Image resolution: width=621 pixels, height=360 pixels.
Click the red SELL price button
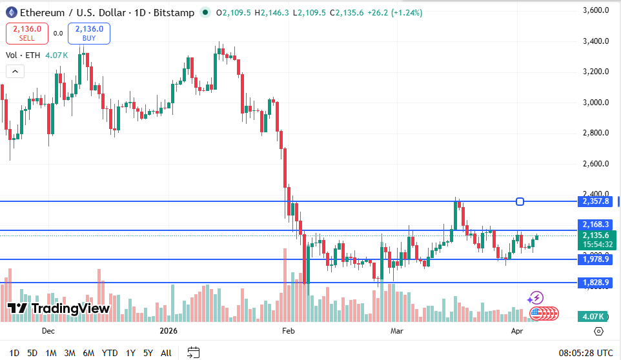[x=26, y=33]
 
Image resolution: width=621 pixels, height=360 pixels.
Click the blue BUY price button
[x=88, y=33]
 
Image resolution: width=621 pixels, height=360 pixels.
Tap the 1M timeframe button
[x=51, y=353]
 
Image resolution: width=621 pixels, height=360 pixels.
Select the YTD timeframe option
[x=110, y=353]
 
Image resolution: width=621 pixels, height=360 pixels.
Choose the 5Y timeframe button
[x=148, y=353]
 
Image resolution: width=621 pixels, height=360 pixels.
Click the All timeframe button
[x=166, y=353]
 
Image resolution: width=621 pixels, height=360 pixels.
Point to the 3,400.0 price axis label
[x=596, y=41]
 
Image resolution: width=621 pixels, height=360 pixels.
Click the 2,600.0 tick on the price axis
[x=596, y=164]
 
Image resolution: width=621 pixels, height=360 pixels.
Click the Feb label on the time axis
[x=288, y=331]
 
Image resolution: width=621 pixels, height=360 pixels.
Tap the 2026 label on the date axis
[x=169, y=331]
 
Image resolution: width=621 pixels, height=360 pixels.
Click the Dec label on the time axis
[x=48, y=331]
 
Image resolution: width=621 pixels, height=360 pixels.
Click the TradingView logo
[x=58, y=308]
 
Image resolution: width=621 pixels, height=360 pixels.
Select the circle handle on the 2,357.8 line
[x=520, y=202]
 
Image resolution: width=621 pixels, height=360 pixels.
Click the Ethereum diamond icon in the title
[x=12, y=13]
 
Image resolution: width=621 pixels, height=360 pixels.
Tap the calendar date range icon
[x=193, y=352]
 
